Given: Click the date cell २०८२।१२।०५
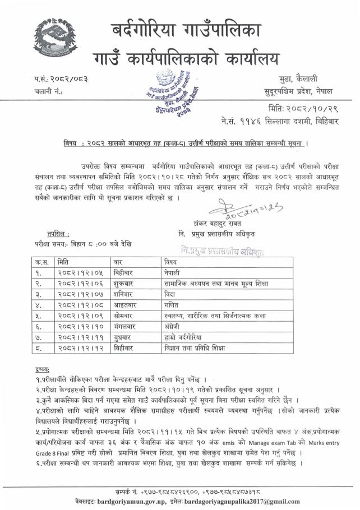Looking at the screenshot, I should click(81, 272).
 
